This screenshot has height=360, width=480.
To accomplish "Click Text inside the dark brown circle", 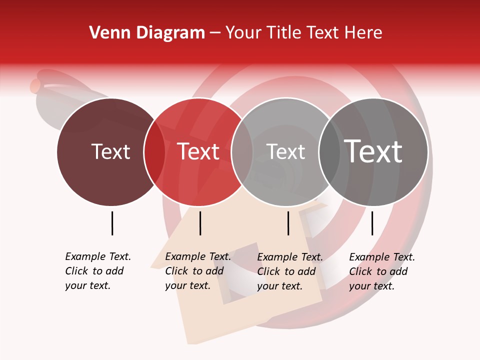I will [110, 152].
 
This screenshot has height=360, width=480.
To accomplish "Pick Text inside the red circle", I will [198, 152].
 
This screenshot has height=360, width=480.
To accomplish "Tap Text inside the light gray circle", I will [285, 152].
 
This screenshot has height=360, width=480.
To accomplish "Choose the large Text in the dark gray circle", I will [373, 152].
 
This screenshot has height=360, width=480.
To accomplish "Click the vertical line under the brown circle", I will [112, 223].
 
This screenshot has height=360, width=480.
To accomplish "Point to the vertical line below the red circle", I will [200, 223].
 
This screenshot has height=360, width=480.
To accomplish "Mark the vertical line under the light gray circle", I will [288, 223].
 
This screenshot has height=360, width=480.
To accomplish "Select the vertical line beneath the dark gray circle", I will [372, 223].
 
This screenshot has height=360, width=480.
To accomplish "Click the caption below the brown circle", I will [97, 271].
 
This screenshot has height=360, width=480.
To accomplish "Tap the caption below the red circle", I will [197, 271].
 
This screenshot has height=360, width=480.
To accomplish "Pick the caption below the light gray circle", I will [289, 271].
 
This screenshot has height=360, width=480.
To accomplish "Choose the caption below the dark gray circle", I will [381, 271].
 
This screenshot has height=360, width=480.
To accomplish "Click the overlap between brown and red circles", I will [154, 152].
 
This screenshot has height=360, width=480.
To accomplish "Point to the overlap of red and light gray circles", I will [242, 152].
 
